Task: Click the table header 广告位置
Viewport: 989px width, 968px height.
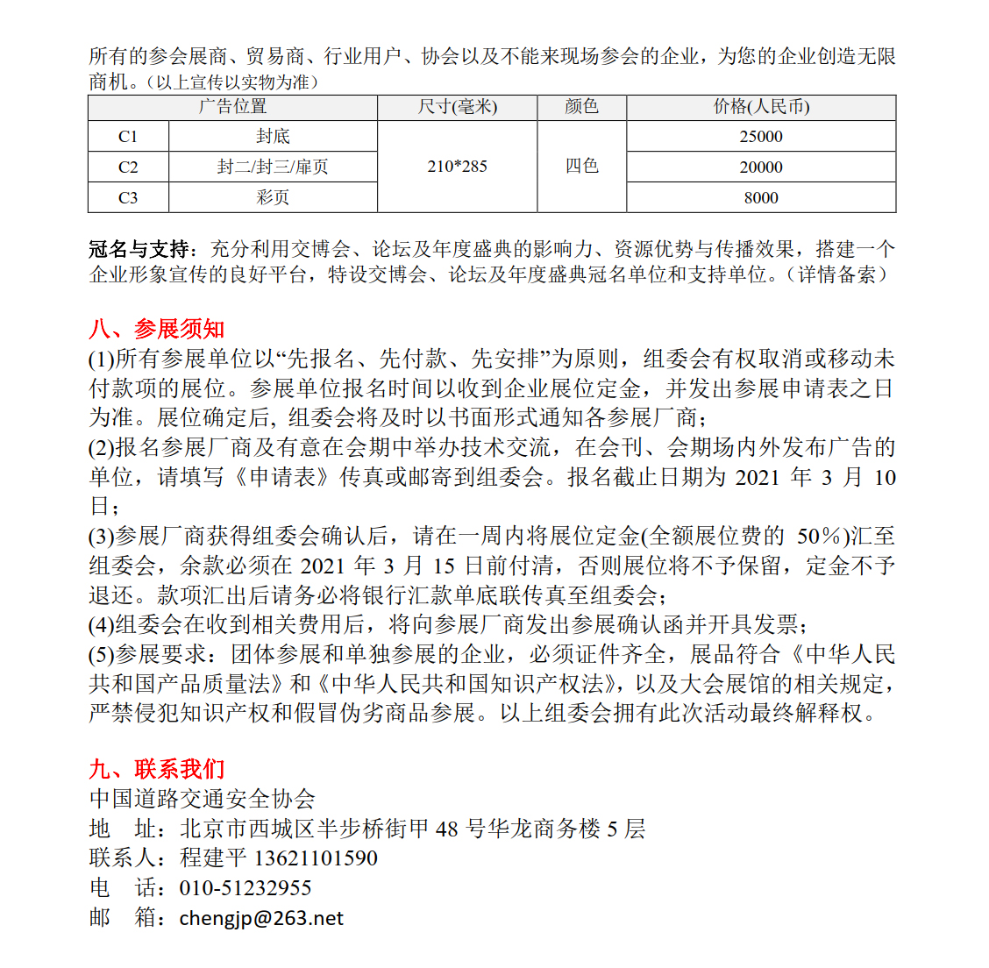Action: tap(232, 107)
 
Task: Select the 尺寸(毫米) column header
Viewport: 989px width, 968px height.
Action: tap(457, 107)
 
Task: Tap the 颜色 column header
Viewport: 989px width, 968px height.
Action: tap(581, 107)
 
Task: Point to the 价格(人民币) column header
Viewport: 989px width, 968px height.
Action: tap(761, 107)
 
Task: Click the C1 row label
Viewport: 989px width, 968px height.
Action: tap(128, 137)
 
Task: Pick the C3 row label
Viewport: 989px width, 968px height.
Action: tap(128, 198)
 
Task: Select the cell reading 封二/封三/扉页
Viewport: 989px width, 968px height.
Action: tap(273, 167)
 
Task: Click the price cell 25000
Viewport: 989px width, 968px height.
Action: tap(761, 137)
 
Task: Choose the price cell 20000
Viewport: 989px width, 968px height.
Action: tap(761, 167)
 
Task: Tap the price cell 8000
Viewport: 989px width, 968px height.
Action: tap(761, 198)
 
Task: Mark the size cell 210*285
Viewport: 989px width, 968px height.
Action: tap(457, 167)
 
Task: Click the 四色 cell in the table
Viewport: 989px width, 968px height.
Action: tap(581, 167)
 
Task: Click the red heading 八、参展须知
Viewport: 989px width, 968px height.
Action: tap(157, 330)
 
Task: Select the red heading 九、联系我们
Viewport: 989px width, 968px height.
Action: tap(157, 770)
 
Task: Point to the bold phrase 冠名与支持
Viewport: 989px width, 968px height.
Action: tap(144, 250)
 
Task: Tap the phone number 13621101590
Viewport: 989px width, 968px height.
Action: tap(316, 858)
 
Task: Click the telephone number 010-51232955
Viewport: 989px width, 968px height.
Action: tap(245, 888)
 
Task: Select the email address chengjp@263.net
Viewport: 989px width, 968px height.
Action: tap(261, 918)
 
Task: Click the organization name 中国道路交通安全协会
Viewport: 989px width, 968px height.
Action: tap(203, 800)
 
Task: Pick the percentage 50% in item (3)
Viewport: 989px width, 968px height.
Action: tap(819, 537)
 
